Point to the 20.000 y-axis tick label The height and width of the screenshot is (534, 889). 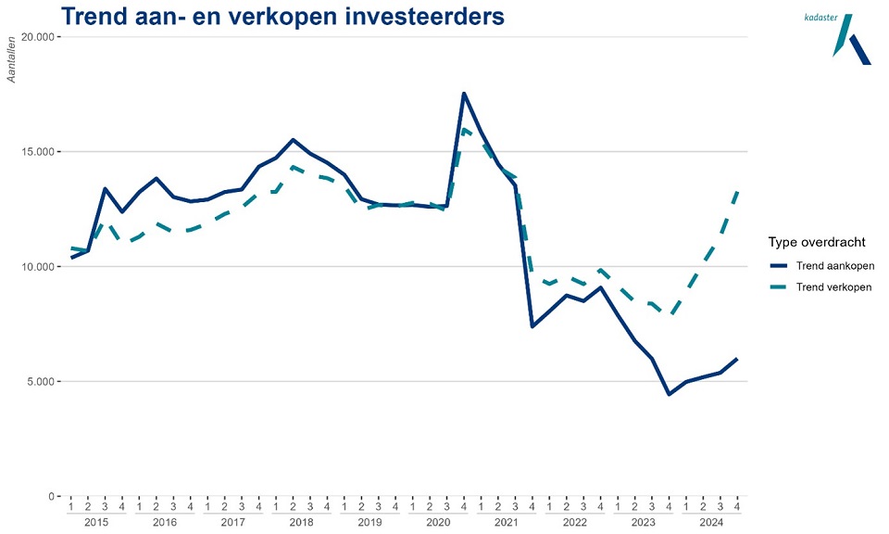(x=39, y=37)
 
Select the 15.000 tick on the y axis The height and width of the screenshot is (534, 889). (x=39, y=152)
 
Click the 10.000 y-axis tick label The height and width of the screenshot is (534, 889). (x=39, y=267)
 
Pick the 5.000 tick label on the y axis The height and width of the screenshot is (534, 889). (x=42, y=382)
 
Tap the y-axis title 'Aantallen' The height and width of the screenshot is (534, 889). (x=13, y=60)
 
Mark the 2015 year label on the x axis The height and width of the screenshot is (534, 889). (x=96, y=523)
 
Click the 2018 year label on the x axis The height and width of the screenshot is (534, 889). (x=301, y=523)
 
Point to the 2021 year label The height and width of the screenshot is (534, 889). (x=506, y=523)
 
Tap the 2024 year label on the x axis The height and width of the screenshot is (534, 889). (x=710, y=523)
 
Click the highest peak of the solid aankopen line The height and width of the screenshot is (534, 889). (x=464, y=94)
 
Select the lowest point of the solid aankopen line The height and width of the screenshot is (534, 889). (x=669, y=394)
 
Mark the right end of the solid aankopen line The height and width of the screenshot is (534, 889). (x=737, y=359)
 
